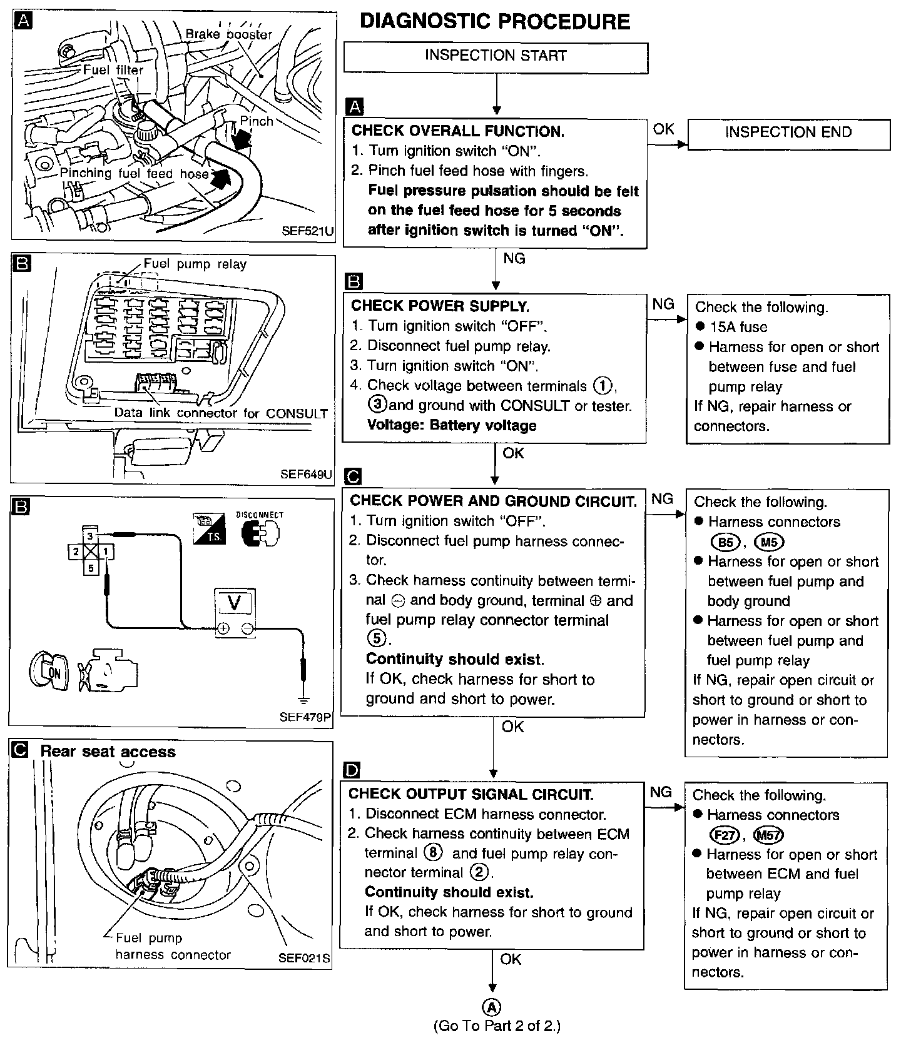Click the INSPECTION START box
496,56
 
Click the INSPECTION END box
788,133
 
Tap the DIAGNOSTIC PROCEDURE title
495,22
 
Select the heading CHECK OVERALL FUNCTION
458,131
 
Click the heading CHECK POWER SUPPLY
440,306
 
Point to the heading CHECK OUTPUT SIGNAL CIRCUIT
471,794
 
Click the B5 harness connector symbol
725,542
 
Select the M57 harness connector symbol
769,835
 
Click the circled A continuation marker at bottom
493,1007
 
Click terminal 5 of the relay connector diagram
91,568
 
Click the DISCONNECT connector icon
260,533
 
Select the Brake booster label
228,34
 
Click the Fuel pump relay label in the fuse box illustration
195,264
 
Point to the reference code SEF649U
306,473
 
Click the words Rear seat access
108,752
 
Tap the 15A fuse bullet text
738,327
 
